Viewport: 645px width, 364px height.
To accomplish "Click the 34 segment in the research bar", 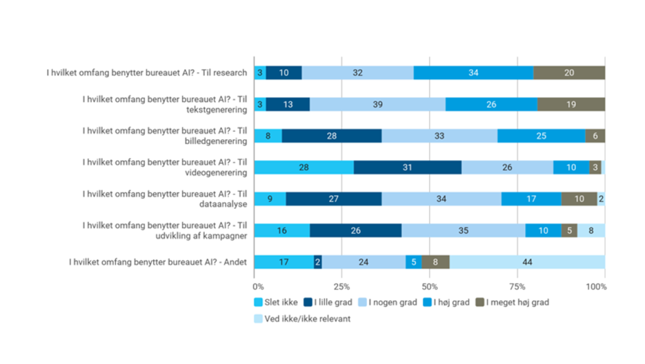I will tap(473, 72).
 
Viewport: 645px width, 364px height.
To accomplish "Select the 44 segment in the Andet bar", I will tap(527, 262).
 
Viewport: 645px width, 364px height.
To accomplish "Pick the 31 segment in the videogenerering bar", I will tap(408, 167).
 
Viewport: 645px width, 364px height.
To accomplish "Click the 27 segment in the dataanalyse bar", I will tap(333, 199).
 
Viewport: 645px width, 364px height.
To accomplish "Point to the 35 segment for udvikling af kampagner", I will tap(463, 230).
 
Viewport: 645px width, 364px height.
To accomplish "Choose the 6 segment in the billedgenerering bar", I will tap(595, 136).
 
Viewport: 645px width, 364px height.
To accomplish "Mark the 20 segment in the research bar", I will tap(569, 72).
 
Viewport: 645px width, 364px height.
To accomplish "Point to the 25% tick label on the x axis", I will tap(341, 285).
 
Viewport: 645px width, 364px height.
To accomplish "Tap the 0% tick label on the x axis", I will tap(258, 285).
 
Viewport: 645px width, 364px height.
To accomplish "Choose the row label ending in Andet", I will tap(157, 262).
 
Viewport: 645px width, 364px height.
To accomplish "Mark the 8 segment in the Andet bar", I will tap(435, 262).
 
